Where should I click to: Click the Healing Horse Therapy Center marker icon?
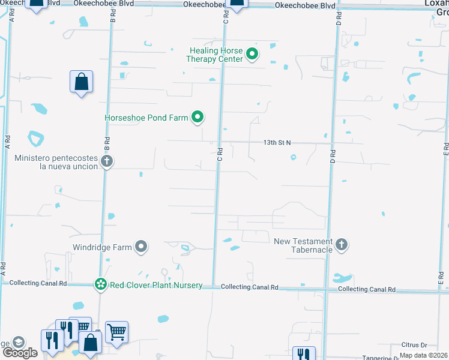253,55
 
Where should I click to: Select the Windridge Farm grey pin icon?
141,247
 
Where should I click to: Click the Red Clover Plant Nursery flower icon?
100,285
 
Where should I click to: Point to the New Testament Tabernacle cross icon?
342,244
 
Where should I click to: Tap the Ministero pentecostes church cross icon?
107,161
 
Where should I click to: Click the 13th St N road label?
277,143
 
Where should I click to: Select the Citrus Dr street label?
415,346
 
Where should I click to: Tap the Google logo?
19,352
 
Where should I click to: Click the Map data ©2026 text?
424,355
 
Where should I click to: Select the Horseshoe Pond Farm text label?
146,118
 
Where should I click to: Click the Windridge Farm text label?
102,247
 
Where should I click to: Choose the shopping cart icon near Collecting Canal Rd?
116,331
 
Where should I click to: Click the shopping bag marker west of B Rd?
81,82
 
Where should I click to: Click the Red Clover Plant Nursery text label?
155,286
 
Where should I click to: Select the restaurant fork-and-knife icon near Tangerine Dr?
303,354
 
